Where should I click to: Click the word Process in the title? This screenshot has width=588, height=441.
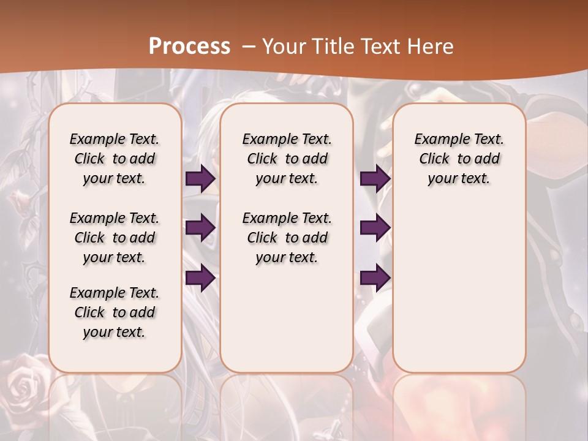coord(189,46)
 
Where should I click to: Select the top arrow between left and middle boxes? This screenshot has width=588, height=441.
coord(200,179)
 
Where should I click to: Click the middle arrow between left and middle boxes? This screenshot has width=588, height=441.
coord(200,228)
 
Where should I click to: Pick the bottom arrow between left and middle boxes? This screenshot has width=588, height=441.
coord(200,277)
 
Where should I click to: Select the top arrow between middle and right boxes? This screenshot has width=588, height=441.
coord(374,179)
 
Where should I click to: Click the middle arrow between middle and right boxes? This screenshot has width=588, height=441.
coord(374,228)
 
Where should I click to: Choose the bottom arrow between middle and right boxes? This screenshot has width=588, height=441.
coord(374,277)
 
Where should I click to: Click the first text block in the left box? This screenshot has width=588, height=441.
coord(115,159)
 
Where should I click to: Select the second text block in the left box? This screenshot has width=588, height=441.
coord(115,238)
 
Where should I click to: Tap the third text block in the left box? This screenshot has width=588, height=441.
coord(115,312)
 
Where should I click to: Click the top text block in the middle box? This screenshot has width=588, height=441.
coord(287,159)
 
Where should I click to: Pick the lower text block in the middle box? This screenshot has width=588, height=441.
coord(287,238)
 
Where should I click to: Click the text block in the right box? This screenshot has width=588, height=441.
coord(459,159)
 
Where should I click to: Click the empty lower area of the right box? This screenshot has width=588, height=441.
coord(459,288)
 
